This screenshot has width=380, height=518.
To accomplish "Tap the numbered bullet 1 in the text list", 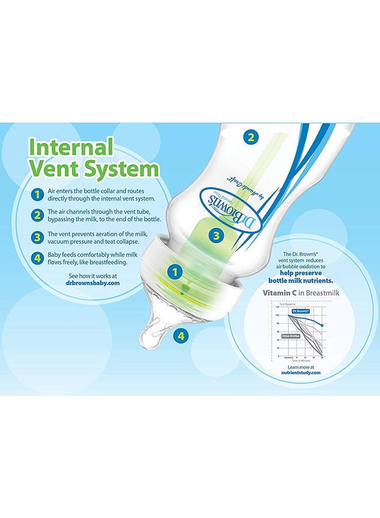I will click(x=37, y=194).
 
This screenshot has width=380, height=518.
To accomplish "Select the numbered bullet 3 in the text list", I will click(x=37, y=237).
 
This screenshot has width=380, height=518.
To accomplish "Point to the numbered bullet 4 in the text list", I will click(x=37, y=258).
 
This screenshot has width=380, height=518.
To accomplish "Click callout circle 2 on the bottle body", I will click(x=250, y=137).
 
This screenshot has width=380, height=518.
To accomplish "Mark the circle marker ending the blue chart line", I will click(x=321, y=325).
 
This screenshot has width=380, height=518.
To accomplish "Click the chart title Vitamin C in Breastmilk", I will click(x=300, y=293).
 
